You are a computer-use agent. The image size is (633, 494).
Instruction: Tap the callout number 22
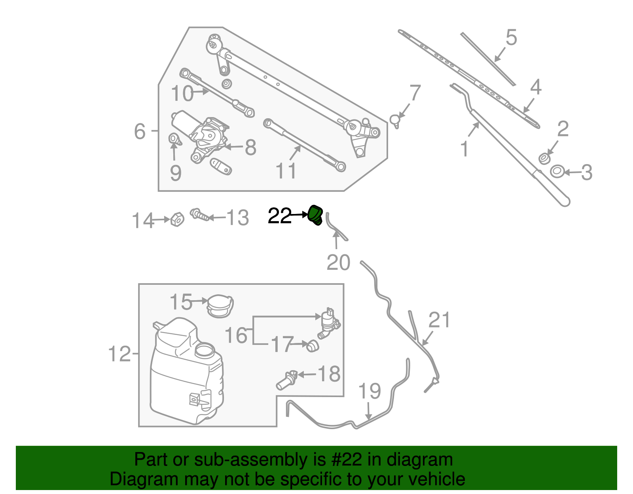pyautogui.click(x=279, y=216)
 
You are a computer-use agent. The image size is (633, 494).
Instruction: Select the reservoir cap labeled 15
pyautogui.click(x=220, y=306)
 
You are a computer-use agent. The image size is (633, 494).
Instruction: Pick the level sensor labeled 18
pyautogui.click(x=286, y=380)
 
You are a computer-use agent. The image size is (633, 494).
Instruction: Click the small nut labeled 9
pyautogui.click(x=174, y=139)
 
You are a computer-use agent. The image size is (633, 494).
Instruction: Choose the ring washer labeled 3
pyautogui.click(x=557, y=172)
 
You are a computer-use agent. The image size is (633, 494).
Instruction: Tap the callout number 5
pyautogui.click(x=511, y=38)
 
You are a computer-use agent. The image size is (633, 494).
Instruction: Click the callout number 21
pyautogui.click(x=439, y=320)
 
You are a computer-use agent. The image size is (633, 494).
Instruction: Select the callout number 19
pyautogui.click(x=369, y=391)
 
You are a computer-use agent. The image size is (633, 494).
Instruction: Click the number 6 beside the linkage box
pyautogui.click(x=140, y=131)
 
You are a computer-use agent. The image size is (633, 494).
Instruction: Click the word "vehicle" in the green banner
pyautogui.click(x=436, y=479)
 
